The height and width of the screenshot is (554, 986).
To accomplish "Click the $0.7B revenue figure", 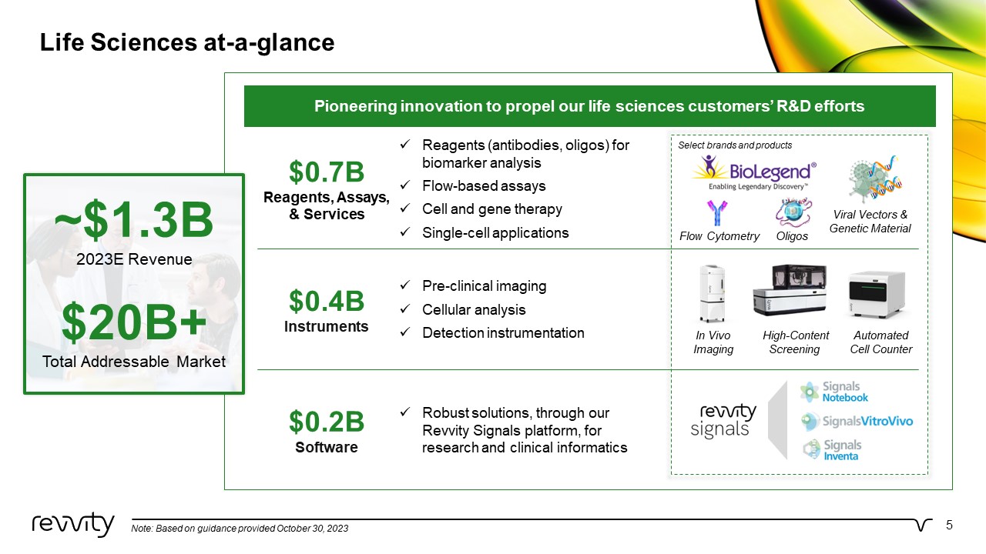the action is point(327,172).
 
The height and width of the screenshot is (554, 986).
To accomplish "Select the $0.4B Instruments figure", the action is point(327,301).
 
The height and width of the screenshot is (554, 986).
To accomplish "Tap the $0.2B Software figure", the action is point(327,422).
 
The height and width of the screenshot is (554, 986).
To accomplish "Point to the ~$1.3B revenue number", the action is point(134,219).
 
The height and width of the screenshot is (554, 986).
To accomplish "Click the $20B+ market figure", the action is point(134,322).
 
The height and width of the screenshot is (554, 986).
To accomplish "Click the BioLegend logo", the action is point(754,173).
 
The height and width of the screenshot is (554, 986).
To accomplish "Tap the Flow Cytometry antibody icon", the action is point(717,213).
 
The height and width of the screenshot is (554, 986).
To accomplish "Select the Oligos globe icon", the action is point(793,212).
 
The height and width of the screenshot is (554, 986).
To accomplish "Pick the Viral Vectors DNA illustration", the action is point(875,179).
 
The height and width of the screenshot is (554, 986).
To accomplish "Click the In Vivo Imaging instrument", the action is point(713,293).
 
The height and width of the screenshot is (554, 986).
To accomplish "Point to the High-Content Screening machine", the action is point(790,290).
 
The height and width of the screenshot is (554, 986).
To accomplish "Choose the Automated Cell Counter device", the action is point(877,295).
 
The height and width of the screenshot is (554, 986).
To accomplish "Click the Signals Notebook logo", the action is point(833,392).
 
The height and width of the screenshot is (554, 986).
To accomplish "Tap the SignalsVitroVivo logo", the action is point(857,422).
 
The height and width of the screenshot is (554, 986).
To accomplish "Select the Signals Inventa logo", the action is point(831,450).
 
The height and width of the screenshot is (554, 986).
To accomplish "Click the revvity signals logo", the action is point(723,421).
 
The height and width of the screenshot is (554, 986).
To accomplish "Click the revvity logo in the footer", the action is point(73,525).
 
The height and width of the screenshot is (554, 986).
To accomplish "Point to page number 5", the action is point(949,526).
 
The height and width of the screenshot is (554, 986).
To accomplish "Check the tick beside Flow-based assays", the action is point(405,185).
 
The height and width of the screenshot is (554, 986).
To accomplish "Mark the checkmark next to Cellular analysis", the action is point(405,309).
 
